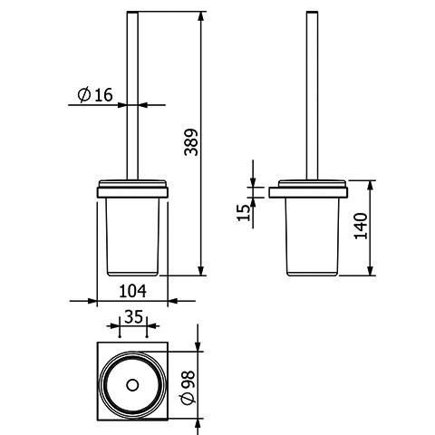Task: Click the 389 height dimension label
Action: [x=191, y=142]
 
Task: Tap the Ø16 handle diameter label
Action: [x=95, y=95]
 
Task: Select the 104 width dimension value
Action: [x=132, y=291]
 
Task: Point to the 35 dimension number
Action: [x=133, y=317]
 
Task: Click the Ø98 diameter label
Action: [x=188, y=387]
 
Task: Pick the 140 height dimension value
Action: [x=361, y=226]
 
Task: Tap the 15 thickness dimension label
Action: [x=244, y=213]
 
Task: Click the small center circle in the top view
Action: [x=132, y=385]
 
